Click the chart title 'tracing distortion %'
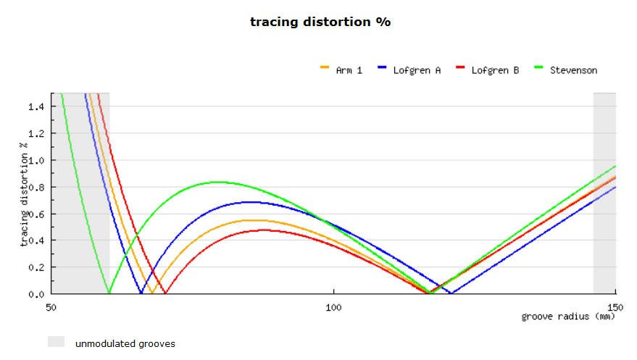point(320,22)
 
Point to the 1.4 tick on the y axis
point(37,106)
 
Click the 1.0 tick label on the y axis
point(37,160)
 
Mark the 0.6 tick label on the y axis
point(37,214)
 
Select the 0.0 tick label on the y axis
point(37,294)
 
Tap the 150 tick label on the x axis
point(615,306)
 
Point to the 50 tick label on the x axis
point(51,306)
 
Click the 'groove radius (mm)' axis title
point(568,317)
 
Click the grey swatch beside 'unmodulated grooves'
point(56,341)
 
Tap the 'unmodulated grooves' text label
point(125,343)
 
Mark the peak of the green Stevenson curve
point(220,182)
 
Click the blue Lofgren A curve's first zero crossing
point(141,293)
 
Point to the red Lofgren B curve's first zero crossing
point(165,293)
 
